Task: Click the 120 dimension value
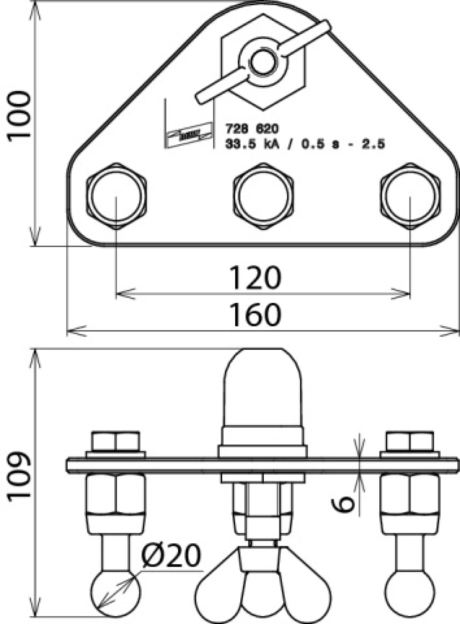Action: click(x=255, y=278)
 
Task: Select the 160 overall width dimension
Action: click(x=255, y=315)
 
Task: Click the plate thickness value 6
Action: click(x=343, y=504)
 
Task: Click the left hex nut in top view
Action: click(x=116, y=196)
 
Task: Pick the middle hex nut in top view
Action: click(x=263, y=196)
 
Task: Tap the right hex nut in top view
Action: click(x=410, y=196)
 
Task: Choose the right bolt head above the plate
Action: click(x=410, y=442)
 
